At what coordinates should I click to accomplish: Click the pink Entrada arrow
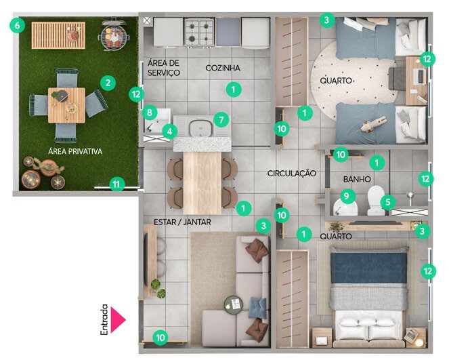[x=117, y=319]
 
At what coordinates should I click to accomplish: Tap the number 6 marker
[x=17, y=26]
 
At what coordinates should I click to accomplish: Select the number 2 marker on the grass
[x=108, y=83]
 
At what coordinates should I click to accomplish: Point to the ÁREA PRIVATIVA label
[x=75, y=151]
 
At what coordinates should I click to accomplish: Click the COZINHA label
[x=223, y=68]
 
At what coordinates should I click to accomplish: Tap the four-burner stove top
[x=199, y=32]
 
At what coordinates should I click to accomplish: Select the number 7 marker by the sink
[x=221, y=119]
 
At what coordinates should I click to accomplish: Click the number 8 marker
[x=150, y=113]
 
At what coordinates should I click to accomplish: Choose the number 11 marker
[x=116, y=184]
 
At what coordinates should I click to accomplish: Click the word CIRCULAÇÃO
[x=291, y=173]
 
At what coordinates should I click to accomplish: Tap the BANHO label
[x=357, y=180]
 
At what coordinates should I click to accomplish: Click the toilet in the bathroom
[x=376, y=200]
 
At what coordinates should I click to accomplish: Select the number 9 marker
[x=347, y=196]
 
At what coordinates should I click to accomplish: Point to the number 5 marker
[x=388, y=202]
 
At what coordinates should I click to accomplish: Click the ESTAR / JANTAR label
[x=182, y=222]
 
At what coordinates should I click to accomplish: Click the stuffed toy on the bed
[x=372, y=124]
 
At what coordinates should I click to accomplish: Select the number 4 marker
[x=170, y=132]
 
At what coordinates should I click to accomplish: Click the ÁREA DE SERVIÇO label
[x=163, y=68]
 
